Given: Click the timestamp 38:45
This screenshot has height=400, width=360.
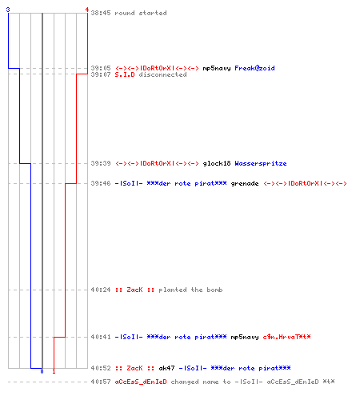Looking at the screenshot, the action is [x=101, y=13].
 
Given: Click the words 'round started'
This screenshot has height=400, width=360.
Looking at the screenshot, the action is [x=141, y=13].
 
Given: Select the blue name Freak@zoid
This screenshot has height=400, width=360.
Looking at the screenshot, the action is [x=254, y=68].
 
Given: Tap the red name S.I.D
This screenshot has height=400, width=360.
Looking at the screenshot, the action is [x=125, y=74].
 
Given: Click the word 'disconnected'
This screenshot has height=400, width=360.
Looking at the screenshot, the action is [x=162, y=74].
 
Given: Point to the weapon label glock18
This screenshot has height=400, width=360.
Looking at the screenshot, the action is [x=217, y=163].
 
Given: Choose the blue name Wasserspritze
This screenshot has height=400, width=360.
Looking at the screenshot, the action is [x=261, y=163].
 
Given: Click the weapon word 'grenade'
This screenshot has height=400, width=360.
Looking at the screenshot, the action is [x=245, y=183].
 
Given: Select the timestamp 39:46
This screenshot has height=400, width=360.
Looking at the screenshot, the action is [x=101, y=183].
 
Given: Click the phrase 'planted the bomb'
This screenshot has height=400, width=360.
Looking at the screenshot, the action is [x=190, y=290].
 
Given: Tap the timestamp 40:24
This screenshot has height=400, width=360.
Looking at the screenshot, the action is [x=101, y=290].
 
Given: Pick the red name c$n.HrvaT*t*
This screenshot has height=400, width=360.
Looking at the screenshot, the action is [x=286, y=337].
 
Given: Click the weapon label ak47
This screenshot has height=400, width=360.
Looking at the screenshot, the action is [x=166, y=368].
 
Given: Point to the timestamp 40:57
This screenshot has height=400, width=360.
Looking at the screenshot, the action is [x=101, y=382].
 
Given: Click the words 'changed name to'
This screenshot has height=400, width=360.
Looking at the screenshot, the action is [x=201, y=382].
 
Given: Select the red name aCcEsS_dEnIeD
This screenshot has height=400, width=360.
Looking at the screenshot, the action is [x=141, y=382].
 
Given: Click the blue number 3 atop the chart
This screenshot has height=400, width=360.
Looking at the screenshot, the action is [x=8, y=10].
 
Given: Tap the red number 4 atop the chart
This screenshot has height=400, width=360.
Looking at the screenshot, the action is [x=87, y=10].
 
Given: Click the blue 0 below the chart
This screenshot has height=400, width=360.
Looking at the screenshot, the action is [x=42, y=371].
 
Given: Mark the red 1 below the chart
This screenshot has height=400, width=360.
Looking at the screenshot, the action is [x=54, y=371].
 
